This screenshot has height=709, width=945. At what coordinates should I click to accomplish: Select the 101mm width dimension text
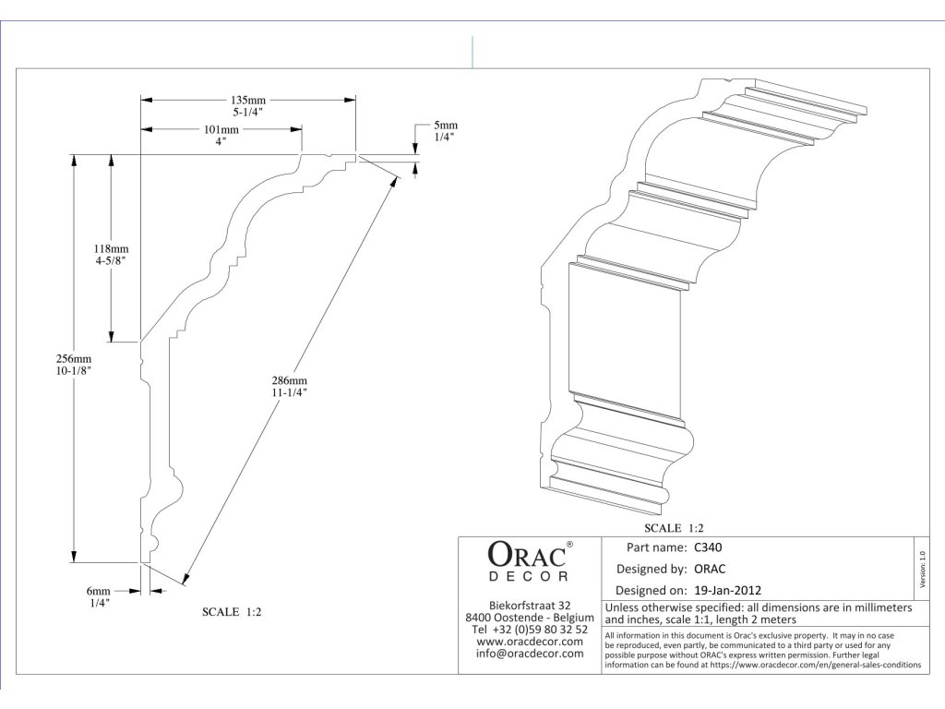[x=221, y=130]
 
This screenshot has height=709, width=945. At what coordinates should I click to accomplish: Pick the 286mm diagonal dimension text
[x=290, y=380]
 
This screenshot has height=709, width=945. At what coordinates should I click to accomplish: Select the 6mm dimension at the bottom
[x=100, y=591]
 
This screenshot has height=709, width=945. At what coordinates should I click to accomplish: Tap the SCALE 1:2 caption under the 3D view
[x=675, y=529]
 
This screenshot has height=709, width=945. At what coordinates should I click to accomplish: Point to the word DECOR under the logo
[x=526, y=577]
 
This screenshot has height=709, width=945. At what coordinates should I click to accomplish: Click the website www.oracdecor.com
[x=529, y=642]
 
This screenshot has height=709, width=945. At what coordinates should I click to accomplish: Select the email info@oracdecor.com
[x=529, y=654]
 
